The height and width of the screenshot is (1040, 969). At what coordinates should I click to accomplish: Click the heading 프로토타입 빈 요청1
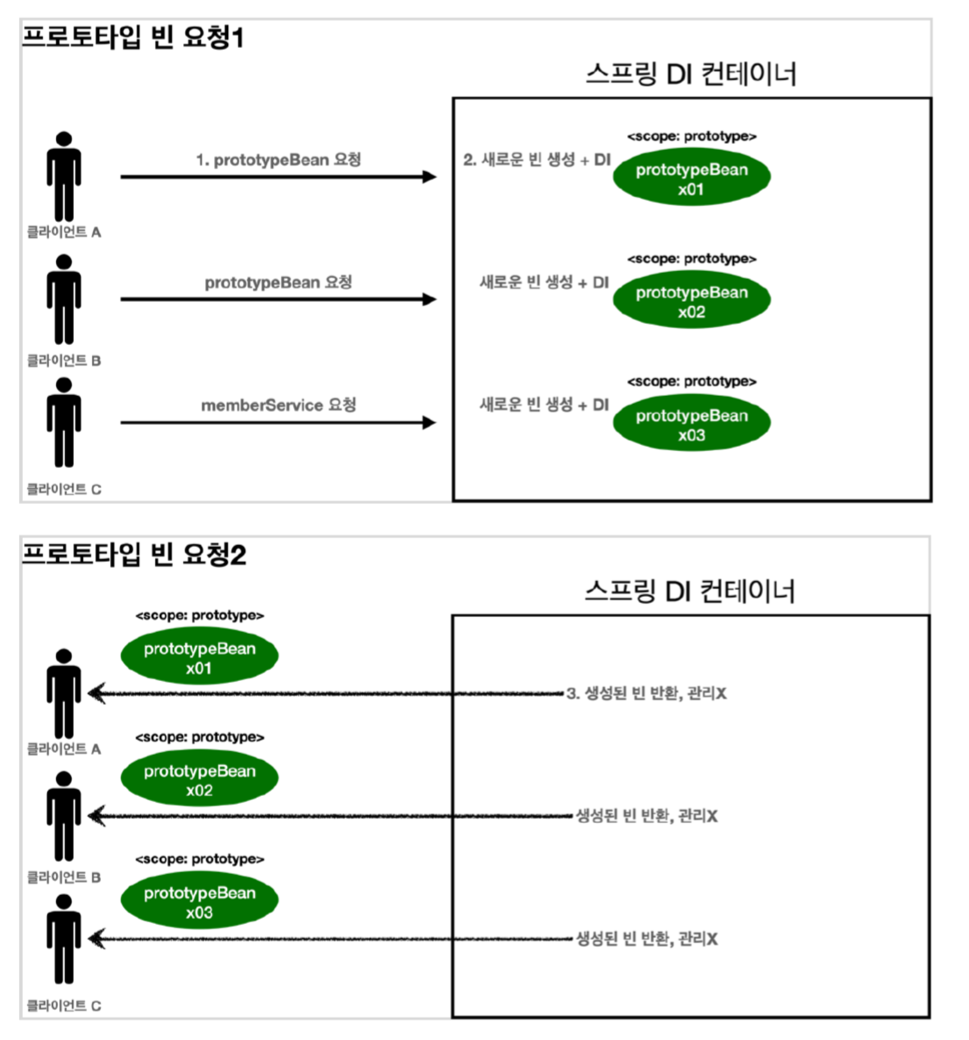[133, 37]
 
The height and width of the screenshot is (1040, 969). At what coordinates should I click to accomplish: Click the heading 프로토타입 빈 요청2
[134, 554]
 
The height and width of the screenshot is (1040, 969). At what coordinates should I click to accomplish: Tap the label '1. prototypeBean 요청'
[279, 160]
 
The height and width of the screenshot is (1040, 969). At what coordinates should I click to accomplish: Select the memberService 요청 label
[279, 405]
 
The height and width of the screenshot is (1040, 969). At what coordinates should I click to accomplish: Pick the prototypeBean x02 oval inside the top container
[692, 301]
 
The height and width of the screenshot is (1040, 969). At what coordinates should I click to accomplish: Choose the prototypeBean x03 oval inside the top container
[692, 424]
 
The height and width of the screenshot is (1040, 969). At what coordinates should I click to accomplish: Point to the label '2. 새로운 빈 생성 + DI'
[537, 160]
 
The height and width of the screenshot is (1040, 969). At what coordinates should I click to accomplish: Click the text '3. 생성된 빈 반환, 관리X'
[646, 693]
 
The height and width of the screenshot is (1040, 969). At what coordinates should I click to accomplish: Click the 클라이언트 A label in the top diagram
[64, 232]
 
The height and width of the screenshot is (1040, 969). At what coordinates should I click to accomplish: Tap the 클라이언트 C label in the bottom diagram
[64, 1006]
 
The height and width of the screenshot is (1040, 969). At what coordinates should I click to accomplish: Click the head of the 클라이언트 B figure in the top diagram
[64, 262]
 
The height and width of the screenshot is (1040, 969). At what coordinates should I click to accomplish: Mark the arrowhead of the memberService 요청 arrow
[429, 423]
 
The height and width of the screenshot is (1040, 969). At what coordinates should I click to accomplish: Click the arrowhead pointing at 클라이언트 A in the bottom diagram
[96, 693]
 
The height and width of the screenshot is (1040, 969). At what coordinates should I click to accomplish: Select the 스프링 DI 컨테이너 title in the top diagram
[691, 74]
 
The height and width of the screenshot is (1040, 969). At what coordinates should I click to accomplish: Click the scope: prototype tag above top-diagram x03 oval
[692, 382]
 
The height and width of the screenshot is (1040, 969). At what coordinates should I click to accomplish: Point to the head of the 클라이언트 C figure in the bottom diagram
[64, 902]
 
